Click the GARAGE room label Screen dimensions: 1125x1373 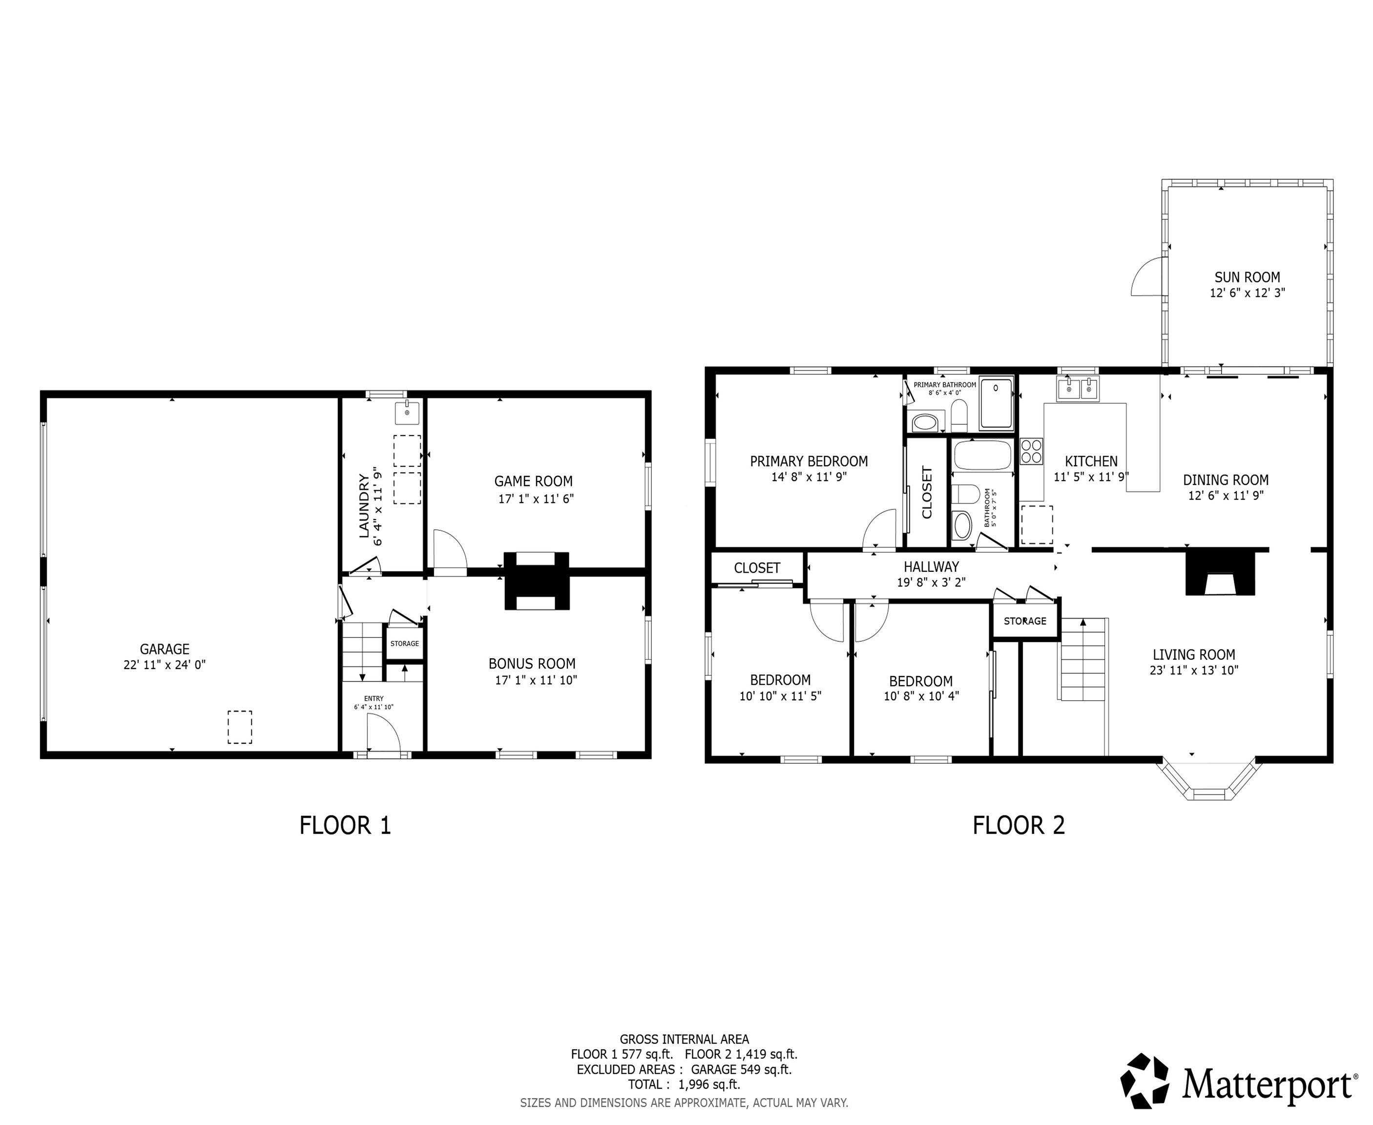[x=165, y=649]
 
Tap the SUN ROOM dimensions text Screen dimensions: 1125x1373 [x=1247, y=293]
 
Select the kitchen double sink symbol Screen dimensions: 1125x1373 [x=1078, y=390]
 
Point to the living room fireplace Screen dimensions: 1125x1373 [x=1220, y=574]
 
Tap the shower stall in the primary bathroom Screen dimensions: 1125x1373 [x=996, y=404]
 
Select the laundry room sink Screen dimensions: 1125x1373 [x=407, y=412]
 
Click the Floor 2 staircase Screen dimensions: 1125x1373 [x=1082, y=661]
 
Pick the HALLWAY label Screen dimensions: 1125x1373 [x=931, y=566]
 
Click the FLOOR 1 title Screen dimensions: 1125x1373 [x=345, y=825]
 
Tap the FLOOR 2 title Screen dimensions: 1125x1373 [x=1018, y=825]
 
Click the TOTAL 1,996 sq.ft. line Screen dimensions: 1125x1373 [x=684, y=1084]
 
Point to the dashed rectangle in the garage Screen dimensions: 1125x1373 [x=239, y=727]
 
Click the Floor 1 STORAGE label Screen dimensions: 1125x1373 [x=404, y=644]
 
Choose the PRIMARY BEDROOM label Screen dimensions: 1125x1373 [x=809, y=461]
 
